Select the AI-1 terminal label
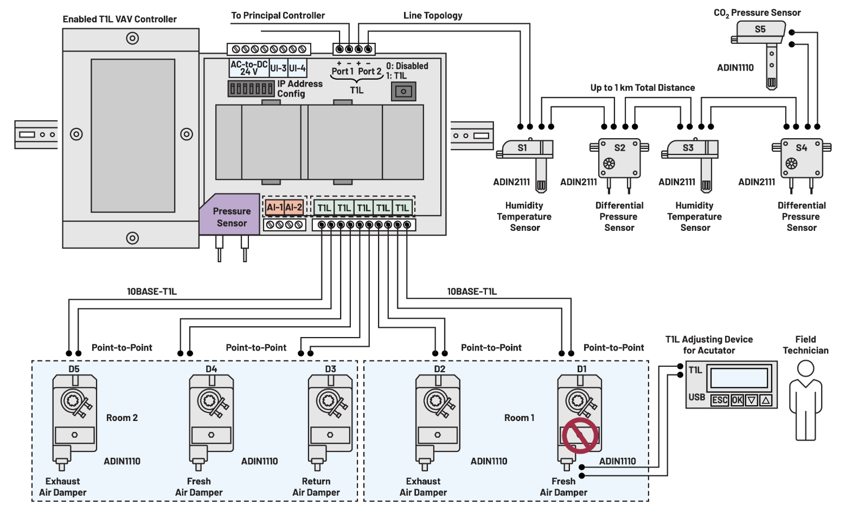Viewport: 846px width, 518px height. (274, 208)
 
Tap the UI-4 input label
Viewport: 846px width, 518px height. (297, 68)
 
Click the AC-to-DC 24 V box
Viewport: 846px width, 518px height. (249, 68)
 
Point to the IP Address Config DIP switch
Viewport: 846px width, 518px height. (251, 88)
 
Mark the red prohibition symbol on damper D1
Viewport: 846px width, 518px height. (580, 435)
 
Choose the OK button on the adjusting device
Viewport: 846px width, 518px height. (737, 400)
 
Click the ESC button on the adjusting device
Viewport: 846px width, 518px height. (720, 400)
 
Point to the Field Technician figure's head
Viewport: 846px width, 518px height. (806, 368)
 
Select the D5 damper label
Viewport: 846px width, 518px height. (74, 369)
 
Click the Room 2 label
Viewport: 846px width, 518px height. (122, 418)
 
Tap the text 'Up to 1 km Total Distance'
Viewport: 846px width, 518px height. (643, 88)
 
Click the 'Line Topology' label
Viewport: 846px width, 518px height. (433, 16)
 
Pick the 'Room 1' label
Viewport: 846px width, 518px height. (519, 418)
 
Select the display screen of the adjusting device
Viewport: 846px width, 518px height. (739, 378)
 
